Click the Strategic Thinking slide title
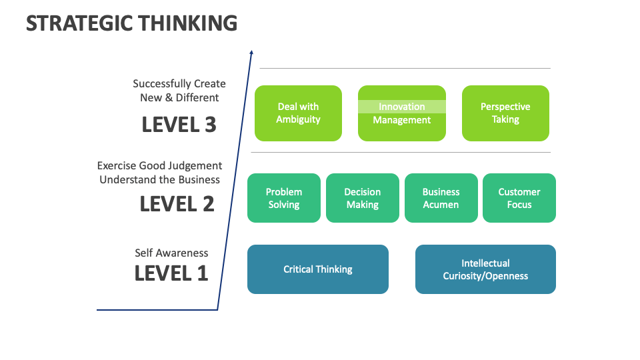click(131, 23)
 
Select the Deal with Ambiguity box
click(298, 113)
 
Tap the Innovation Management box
click(401, 113)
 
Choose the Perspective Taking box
click(505, 113)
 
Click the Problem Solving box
click(284, 198)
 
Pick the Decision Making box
click(362, 198)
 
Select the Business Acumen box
click(441, 198)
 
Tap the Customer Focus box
click(519, 198)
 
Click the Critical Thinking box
click(317, 269)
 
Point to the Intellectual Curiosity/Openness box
click(485, 269)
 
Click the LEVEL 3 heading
click(179, 125)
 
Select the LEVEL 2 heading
click(177, 204)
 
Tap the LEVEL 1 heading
click(171, 273)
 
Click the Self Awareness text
click(171, 253)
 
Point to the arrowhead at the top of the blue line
click(251, 52)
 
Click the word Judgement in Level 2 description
click(194, 165)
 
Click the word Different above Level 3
click(197, 97)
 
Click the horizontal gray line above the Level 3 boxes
click(405, 68)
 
